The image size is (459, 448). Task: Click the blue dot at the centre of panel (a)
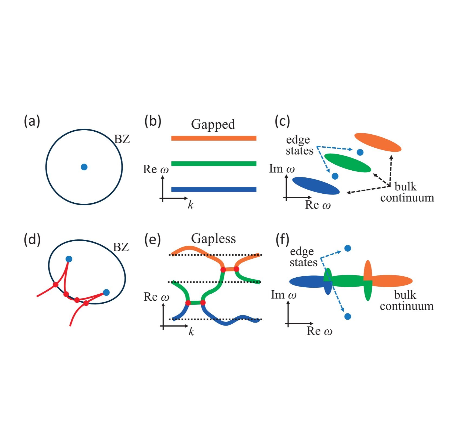(x=84, y=167)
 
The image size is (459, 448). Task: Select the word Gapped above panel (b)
(x=213, y=124)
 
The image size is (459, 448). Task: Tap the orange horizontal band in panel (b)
(x=214, y=138)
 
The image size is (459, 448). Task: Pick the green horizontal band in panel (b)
(x=214, y=163)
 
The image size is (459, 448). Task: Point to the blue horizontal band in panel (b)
(x=214, y=189)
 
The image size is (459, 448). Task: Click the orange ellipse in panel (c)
(x=378, y=142)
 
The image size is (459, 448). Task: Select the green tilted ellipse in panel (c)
(x=347, y=163)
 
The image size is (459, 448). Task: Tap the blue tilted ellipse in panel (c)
(x=316, y=186)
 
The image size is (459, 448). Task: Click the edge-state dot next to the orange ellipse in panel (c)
(x=360, y=152)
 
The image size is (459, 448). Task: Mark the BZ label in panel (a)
(x=122, y=139)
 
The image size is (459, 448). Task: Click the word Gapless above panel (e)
(x=213, y=239)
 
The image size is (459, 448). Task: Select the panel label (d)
(x=32, y=240)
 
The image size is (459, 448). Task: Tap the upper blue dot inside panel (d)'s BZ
(x=69, y=259)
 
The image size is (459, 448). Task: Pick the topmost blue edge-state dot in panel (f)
(x=347, y=248)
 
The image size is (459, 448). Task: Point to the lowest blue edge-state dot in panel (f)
(x=348, y=316)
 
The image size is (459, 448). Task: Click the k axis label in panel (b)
(x=191, y=205)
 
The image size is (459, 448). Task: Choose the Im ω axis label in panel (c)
(x=282, y=169)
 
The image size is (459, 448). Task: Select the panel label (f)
(x=282, y=240)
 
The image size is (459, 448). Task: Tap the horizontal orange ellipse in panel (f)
(x=392, y=281)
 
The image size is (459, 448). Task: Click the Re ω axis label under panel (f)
(x=319, y=331)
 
